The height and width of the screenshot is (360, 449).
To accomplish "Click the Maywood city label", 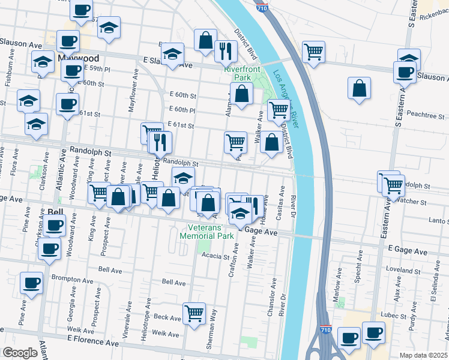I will pyautogui.click(x=80, y=58).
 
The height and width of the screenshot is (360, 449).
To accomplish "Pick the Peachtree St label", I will pyautogui.click(x=424, y=113).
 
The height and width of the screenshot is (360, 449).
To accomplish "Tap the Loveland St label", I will pyautogui.click(x=402, y=271).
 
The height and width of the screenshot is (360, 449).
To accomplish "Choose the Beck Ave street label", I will pyautogui.click(x=167, y=317).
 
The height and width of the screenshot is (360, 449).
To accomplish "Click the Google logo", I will pyautogui.click(x=20, y=353).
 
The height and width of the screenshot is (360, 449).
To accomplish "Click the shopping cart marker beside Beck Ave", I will pyautogui.click(x=194, y=313).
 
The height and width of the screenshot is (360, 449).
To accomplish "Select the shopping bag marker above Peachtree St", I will pyautogui.click(x=358, y=89).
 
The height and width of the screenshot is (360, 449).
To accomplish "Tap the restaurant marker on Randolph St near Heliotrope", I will pyautogui.click(x=160, y=142).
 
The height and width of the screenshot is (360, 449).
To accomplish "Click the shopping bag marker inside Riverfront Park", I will pyautogui.click(x=241, y=94).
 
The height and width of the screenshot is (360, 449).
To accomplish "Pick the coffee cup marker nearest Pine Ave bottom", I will pyautogui.click(x=31, y=283).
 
